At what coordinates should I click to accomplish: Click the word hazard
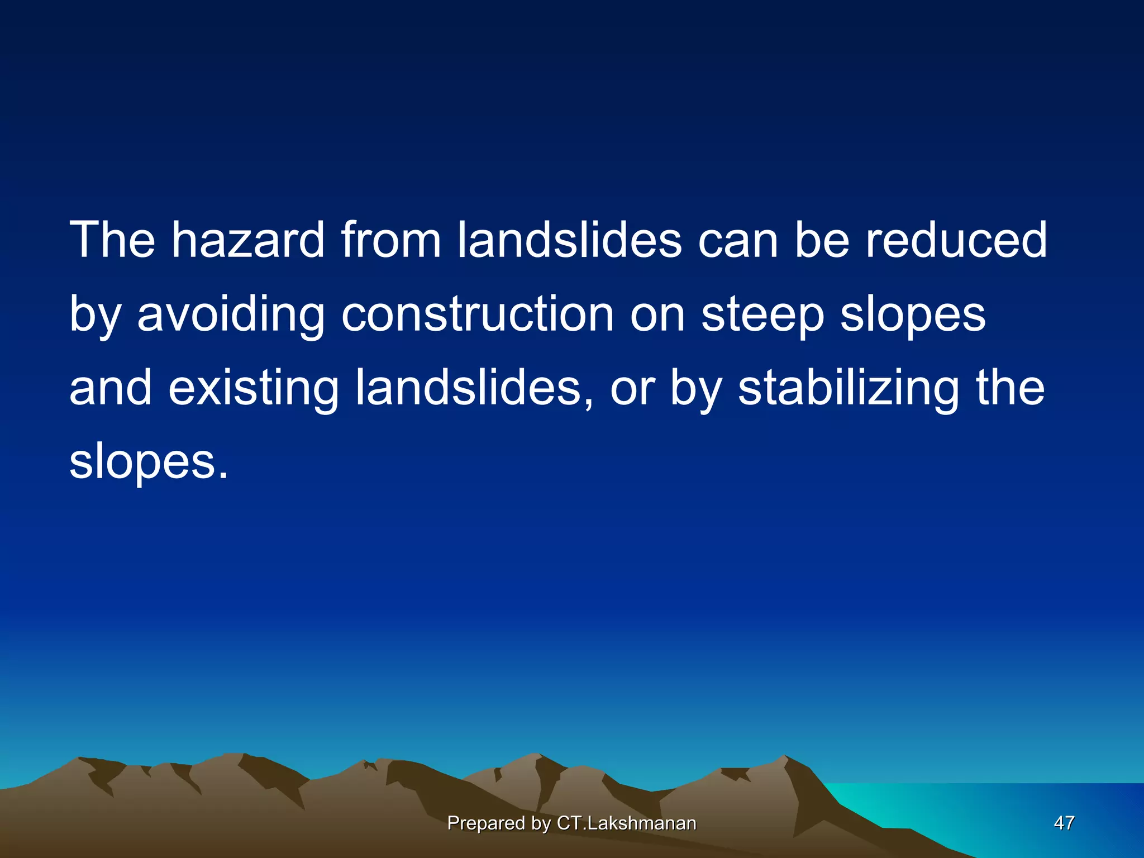pyautogui.click(x=247, y=240)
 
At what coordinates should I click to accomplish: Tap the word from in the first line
pyautogui.click(x=391, y=240)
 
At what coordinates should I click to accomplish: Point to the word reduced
pyautogui.click(x=956, y=240)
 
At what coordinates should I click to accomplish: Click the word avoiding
pyautogui.click(x=231, y=314)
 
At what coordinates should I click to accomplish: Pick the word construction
pyautogui.click(x=478, y=314)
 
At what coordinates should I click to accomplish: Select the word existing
pyautogui.click(x=254, y=389)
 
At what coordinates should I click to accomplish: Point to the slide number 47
pyautogui.click(x=1064, y=823)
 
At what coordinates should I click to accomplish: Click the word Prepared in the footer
pyautogui.click(x=485, y=823)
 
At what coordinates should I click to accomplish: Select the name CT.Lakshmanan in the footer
pyautogui.click(x=627, y=823)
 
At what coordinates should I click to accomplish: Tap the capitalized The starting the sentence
pyautogui.click(x=112, y=240)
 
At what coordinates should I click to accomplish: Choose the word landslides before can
pyautogui.click(x=569, y=240)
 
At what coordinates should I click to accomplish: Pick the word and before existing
pyautogui.click(x=111, y=389)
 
